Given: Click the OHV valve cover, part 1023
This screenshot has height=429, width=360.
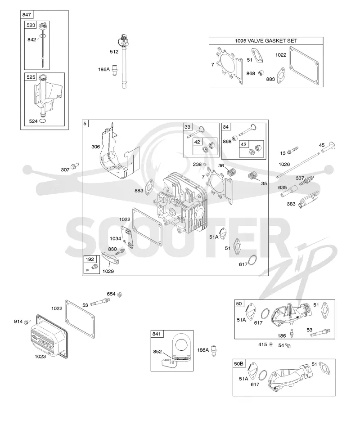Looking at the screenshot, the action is point(49,336).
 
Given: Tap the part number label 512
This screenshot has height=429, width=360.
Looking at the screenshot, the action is point(114,52).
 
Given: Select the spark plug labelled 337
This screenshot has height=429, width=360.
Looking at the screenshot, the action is point(306,181).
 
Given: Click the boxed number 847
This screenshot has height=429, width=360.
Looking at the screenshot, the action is point(27,15).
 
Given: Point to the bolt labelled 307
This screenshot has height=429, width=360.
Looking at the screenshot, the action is point(75,165).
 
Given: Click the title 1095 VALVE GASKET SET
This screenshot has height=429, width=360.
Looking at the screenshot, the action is point(266,41).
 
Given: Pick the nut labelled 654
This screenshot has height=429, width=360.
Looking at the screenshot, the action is point(119,295).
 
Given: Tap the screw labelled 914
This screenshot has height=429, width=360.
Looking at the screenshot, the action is point(27,322).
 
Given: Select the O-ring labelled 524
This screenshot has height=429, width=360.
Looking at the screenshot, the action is point(43,121).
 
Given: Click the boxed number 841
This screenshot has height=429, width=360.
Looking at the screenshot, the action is point(157,334).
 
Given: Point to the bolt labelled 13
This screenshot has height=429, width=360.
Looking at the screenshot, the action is point(292,150).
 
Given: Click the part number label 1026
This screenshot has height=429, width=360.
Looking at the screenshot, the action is point(284,164).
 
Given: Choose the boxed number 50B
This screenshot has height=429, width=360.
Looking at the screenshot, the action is point(238,364).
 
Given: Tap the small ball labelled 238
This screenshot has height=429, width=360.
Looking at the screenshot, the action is point(204,164).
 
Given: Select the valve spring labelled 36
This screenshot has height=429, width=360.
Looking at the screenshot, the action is point(232,173).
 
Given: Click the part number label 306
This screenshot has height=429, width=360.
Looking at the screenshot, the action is point(95,147).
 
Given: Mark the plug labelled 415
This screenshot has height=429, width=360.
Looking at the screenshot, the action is point(271,344).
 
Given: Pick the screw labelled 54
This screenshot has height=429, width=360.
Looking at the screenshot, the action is point(288,345).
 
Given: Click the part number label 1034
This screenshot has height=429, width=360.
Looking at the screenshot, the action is point(115,239).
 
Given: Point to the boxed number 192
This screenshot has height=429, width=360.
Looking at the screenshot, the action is point(90,259).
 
